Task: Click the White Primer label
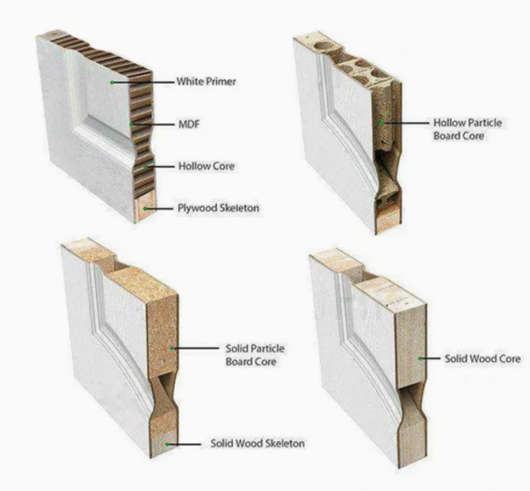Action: (207, 82)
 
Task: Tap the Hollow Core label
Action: (206, 167)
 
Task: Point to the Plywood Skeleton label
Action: (217, 208)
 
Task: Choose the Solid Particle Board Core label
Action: (256, 356)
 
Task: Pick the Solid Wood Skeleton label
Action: (257, 443)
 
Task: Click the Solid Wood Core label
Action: (483, 359)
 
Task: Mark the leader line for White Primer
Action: (144, 82)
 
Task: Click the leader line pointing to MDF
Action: (154, 125)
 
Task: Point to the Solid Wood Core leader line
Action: (428, 359)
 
